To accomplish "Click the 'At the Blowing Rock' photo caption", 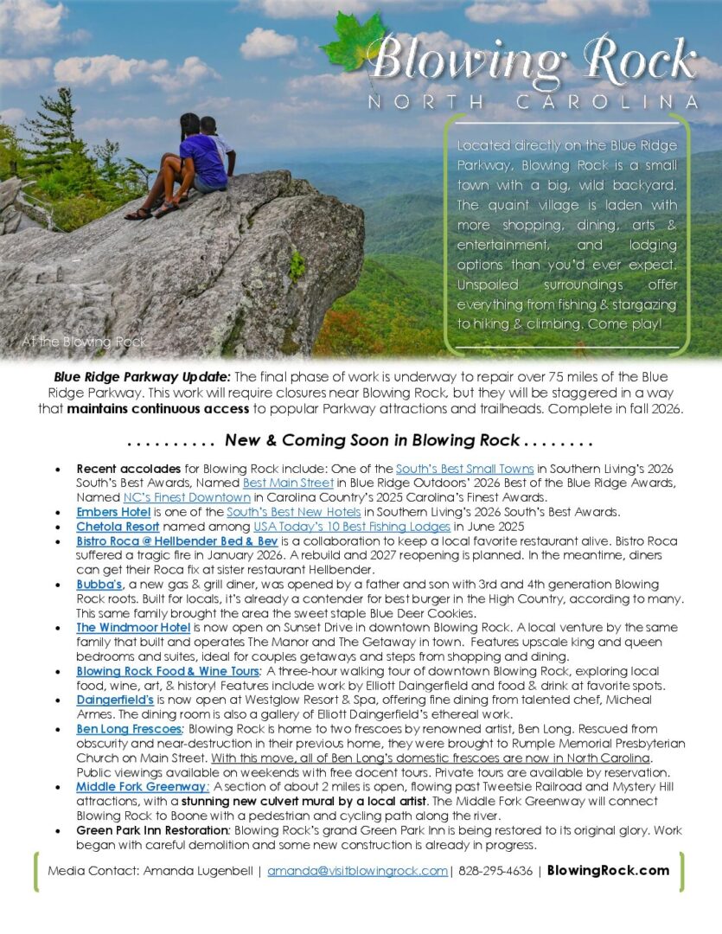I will point(84,342).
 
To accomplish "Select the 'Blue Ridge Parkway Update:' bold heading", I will point(143,377).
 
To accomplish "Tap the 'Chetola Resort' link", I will point(118,526).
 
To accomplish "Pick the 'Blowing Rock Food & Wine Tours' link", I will point(167,671).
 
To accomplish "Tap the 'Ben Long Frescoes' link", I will point(128,729).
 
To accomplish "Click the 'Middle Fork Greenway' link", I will point(142,786).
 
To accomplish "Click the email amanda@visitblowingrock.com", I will point(357,871).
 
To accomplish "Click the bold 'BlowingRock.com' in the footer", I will point(608,871).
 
